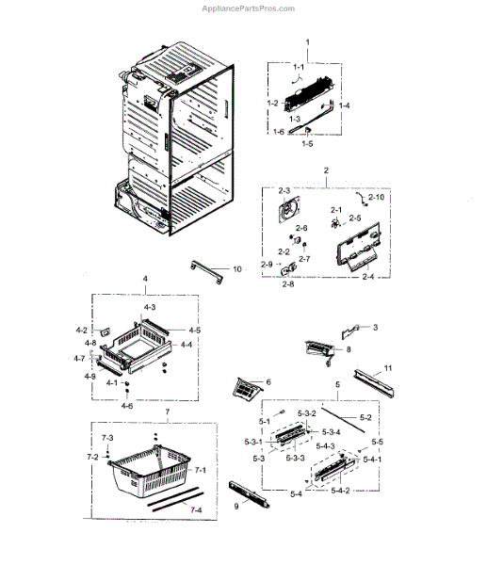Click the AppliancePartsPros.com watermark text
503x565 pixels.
pos(251,7)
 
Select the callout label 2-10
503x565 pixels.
pos(375,197)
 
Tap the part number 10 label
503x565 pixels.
pos(236,269)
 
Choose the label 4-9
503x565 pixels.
pos(89,377)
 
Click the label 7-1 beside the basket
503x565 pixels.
pos(200,469)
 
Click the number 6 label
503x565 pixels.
pos(268,381)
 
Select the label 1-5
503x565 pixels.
pos(306,143)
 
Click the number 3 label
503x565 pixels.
pos(374,327)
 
